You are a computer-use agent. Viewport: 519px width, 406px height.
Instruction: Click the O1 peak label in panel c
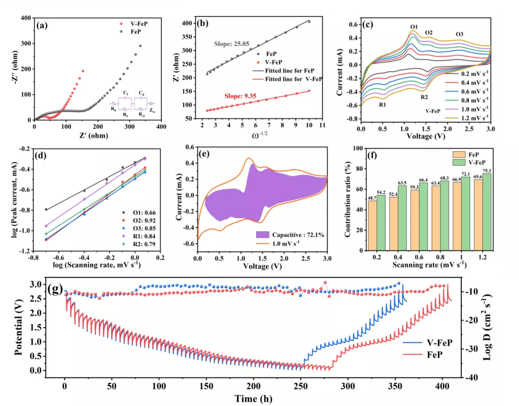coord(414,26)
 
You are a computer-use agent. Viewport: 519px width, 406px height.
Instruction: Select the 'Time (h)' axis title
coord(254,398)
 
